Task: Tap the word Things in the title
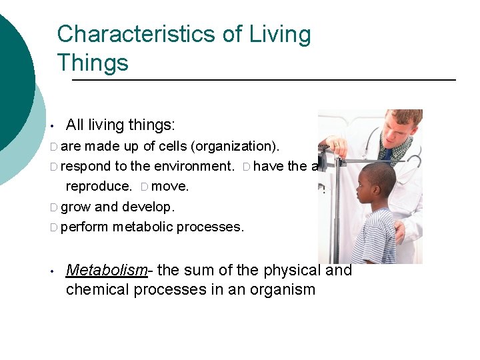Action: pyautogui.click(x=93, y=63)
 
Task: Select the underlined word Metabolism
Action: pyautogui.click(x=106, y=270)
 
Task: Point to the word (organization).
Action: pyautogui.click(x=229, y=146)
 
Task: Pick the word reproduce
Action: pyautogui.click(x=98, y=187)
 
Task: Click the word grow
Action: pyautogui.click(x=75, y=207)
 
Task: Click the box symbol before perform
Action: pyautogui.click(x=53, y=227)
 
